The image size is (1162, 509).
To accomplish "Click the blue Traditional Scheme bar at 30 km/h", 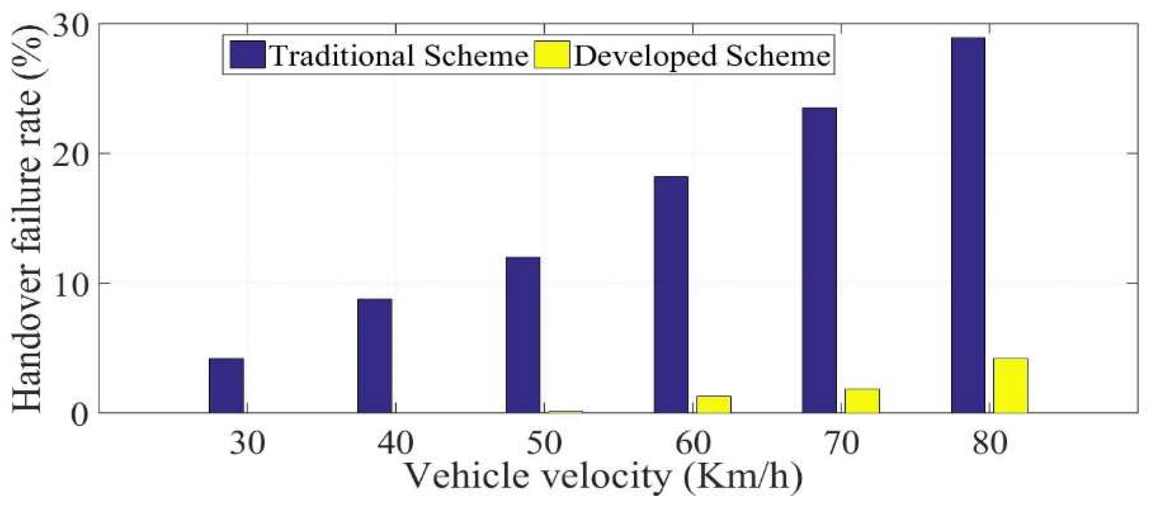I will tap(226, 386).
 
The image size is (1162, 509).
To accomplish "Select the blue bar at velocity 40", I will tap(375, 356).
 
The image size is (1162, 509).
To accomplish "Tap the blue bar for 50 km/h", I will tap(523, 335).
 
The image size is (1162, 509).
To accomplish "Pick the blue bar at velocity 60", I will tap(671, 295).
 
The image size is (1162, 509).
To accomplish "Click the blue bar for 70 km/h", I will tap(819, 260).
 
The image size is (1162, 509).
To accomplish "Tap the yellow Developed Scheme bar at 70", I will tap(862, 401).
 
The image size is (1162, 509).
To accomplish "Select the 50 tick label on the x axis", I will tap(544, 443).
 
